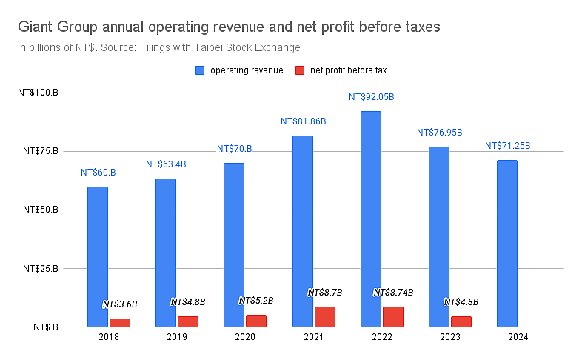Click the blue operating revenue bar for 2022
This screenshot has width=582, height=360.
[x=371, y=219]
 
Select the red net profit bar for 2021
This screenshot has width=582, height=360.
[x=325, y=317]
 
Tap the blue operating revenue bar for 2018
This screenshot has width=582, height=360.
[x=98, y=257]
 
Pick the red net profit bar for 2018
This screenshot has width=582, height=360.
[x=120, y=323]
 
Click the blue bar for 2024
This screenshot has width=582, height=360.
[x=507, y=244]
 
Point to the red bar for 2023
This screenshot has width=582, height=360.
[x=461, y=321]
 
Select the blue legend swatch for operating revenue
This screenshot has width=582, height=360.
[x=200, y=70]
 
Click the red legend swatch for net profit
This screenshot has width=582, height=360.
[x=300, y=70]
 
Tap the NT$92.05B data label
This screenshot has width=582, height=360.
[x=371, y=97]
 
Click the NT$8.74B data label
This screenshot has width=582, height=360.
[x=393, y=293]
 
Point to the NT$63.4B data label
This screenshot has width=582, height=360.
[x=166, y=164]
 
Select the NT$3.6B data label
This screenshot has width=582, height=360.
[x=120, y=304]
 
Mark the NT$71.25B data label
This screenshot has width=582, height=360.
[x=507, y=146]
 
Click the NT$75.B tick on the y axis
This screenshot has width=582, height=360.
[x=41, y=151]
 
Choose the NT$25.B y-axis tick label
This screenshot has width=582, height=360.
[x=41, y=268]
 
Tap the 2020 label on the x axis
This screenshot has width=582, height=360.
[x=245, y=337]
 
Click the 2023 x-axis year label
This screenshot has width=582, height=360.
[x=450, y=337]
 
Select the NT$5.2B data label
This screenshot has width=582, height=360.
[x=256, y=301]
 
